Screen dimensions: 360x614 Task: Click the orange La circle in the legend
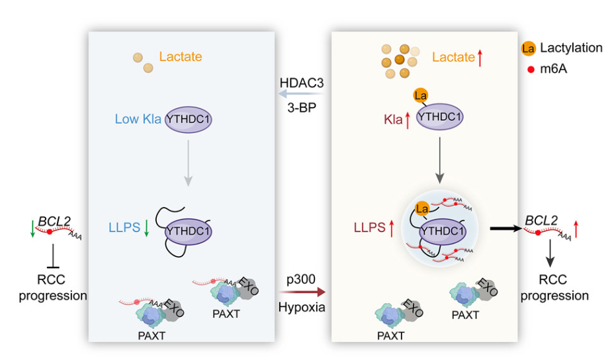[528, 48]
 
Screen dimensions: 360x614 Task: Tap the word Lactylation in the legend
[571, 48]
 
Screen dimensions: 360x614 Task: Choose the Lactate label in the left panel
[181, 56]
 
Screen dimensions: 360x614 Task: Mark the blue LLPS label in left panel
[124, 228]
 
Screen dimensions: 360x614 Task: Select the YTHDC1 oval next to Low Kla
[188, 120]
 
